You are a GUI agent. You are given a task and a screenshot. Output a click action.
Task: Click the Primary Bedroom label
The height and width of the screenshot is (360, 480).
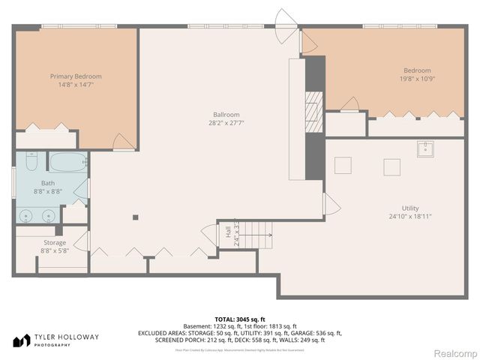[x=76, y=76]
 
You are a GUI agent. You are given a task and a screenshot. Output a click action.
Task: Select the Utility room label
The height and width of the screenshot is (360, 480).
[x=410, y=208]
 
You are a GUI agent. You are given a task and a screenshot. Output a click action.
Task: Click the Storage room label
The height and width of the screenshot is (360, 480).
[x=54, y=243]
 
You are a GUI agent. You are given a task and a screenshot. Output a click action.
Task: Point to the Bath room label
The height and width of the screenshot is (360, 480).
[x=48, y=183]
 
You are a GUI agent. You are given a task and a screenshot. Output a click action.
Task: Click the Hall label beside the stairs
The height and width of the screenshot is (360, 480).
[x=228, y=233]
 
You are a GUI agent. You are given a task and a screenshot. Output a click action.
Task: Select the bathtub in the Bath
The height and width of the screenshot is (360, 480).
[x=67, y=161]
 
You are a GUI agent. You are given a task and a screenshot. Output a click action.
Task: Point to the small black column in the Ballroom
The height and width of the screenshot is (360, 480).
[x=135, y=217]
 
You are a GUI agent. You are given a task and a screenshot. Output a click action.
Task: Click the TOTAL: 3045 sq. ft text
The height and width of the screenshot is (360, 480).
[x=240, y=319]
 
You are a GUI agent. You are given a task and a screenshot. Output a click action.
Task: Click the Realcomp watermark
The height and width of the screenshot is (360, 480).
[x=451, y=352]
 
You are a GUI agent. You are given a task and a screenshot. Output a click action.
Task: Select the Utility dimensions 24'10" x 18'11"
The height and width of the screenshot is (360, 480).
[x=410, y=217]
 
